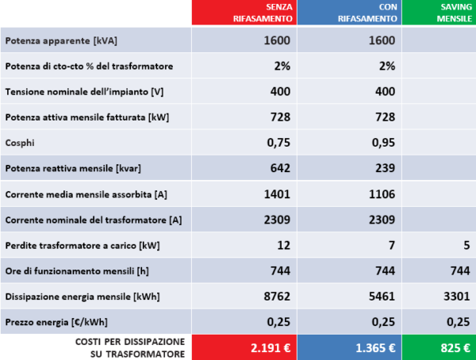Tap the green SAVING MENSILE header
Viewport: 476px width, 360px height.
[x=450, y=13]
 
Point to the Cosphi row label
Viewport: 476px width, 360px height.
[x=20, y=144]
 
